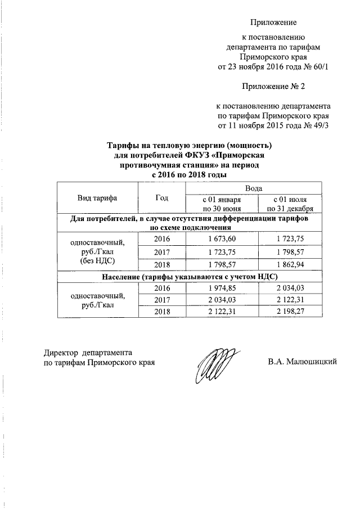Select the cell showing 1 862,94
289,263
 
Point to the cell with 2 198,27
289,312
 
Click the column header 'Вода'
254,187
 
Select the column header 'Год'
162,197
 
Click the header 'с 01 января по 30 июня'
221,203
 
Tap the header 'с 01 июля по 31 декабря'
289,203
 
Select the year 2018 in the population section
162,312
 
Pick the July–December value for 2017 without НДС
289,251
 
